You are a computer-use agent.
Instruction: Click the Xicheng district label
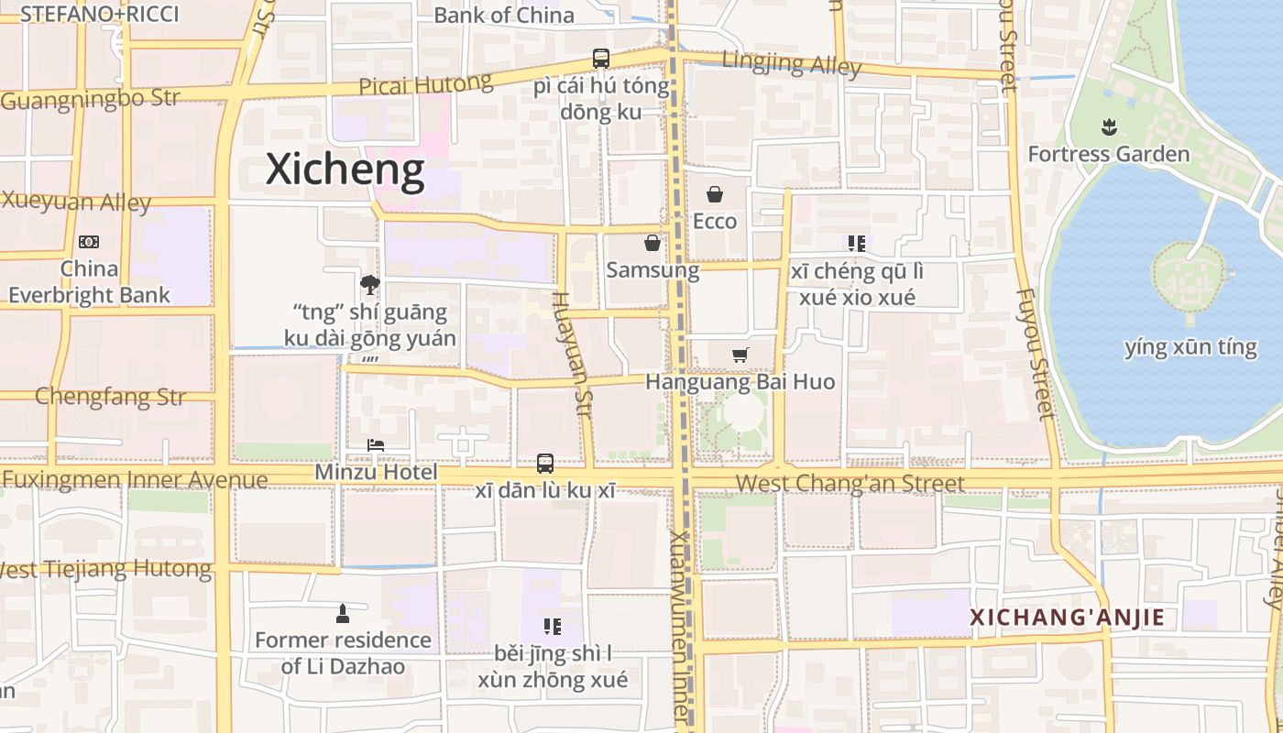pyautogui.click(x=345, y=170)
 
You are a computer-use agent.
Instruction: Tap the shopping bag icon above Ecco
pyautogui.click(x=715, y=194)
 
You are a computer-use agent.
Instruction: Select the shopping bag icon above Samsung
pyautogui.click(x=652, y=243)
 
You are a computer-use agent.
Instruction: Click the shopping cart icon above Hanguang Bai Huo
pyautogui.click(x=740, y=355)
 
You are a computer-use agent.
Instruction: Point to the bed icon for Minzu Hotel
pyautogui.click(x=375, y=446)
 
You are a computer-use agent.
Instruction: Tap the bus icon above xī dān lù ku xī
pyautogui.click(x=545, y=464)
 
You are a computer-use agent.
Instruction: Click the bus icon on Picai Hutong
pyautogui.click(x=600, y=59)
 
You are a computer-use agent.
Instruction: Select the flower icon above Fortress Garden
pyautogui.click(x=1109, y=127)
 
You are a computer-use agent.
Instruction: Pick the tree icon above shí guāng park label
pyautogui.click(x=370, y=285)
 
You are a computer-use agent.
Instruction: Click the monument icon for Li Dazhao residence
pyautogui.click(x=343, y=613)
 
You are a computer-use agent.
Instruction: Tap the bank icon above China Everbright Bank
pyautogui.click(x=89, y=242)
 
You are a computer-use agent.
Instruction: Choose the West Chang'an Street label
pyautogui.click(x=850, y=483)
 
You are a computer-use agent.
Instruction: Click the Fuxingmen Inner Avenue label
pyautogui.click(x=136, y=479)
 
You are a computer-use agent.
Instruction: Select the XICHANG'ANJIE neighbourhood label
pyautogui.click(x=1068, y=618)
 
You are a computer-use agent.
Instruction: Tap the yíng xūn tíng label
pyautogui.click(x=1190, y=347)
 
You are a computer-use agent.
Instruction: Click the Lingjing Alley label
pyautogui.click(x=792, y=64)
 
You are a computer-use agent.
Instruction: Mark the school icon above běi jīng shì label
pyautogui.click(x=552, y=627)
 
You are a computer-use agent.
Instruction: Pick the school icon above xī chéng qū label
pyautogui.click(x=857, y=244)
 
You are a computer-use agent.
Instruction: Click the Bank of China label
pyautogui.click(x=504, y=15)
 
